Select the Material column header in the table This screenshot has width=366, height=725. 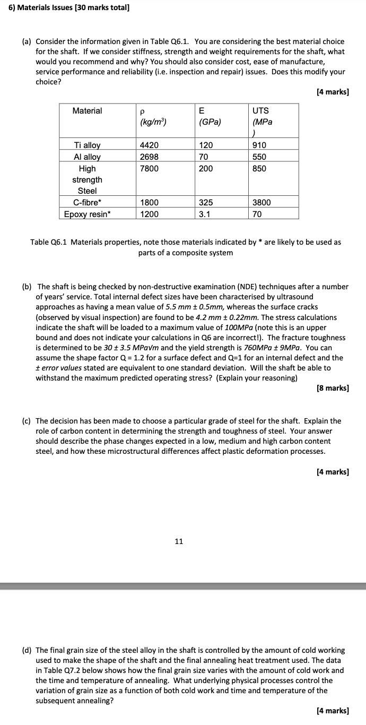pos(87,111)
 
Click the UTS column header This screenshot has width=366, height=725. pos(260,111)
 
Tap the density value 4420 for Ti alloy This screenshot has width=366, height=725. pos(149,145)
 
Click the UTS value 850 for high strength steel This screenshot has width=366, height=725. pos(259,169)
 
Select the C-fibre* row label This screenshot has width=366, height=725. pos(87,203)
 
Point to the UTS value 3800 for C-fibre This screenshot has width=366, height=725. pos(261,203)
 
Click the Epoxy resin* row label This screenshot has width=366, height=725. pos(87,214)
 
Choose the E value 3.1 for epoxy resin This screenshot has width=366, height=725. pos(205,214)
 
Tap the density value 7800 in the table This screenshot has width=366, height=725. pos(149,169)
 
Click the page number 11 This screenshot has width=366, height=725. pos(179,541)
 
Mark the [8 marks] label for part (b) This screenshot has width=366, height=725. pos(332,388)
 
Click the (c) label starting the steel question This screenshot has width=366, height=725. pos(26,421)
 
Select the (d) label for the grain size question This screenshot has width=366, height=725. pos(26,650)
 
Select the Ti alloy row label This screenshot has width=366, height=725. pos(87,145)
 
